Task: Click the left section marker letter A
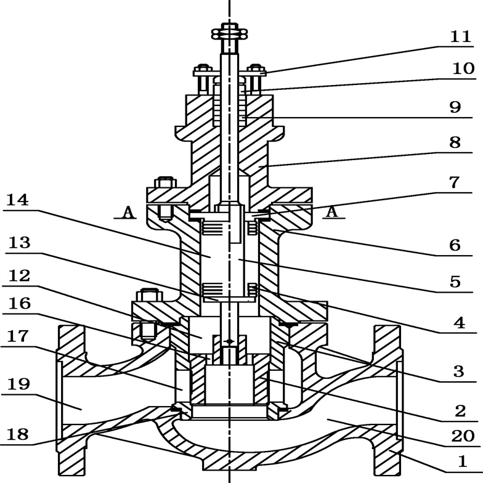pyautogui.click(x=128, y=212)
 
